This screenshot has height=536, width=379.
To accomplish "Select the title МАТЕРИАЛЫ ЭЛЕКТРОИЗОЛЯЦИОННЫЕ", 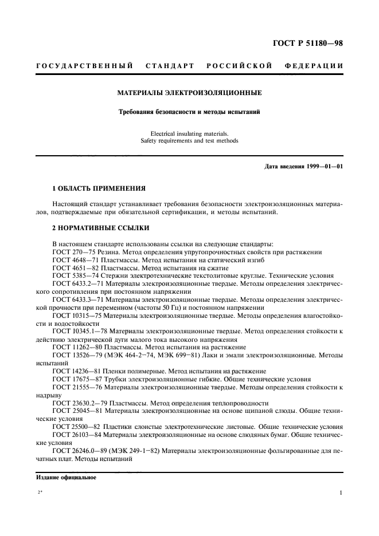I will pos(190,92).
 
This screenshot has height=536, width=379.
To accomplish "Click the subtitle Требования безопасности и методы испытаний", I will pos(190,112).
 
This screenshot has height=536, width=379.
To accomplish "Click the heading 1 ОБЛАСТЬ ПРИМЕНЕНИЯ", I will pos(99,188).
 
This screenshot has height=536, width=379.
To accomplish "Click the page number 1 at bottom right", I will pos(341,492).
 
